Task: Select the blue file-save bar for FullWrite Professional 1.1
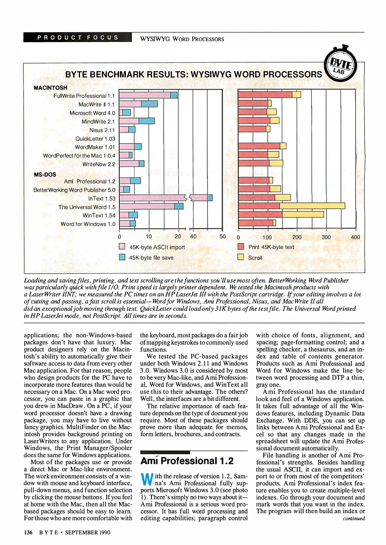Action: pyautogui.click(x=174, y=95)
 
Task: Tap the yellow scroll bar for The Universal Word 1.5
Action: pyautogui.click(x=312, y=206)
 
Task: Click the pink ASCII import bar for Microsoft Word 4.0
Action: pyautogui.click(x=121, y=112)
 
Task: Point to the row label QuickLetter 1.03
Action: pyautogui.click(x=95, y=139)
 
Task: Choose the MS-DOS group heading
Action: pyautogui.click(x=45, y=174)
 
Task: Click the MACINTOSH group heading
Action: pyautogui.click(x=50, y=88)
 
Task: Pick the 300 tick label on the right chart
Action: pyautogui.click(x=326, y=237)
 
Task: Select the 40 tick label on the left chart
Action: pyautogui.click(x=193, y=236)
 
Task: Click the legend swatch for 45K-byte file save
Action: pyautogui.click(x=122, y=257)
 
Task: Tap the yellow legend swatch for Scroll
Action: pyautogui.click(x=241, y=257)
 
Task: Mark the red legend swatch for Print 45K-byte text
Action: pyautogui.click(x=241, y=246)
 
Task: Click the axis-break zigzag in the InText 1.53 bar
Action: pyautogui.click(x=188, y=198)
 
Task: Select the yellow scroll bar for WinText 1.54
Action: pyautogui.click(x=303, y=214)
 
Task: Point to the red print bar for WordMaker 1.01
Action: pyautogui.click(x=259, y=146)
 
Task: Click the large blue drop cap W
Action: pyautogui.click(x=147, y=479)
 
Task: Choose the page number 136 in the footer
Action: pyautogui.click(x=28, y=532)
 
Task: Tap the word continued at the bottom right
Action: pyautogui.click(x=354, y=519)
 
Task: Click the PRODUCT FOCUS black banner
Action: pyautogui.click(x=78, y=37)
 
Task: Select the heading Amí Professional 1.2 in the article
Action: pyautogui.click(x=187, y=461)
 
